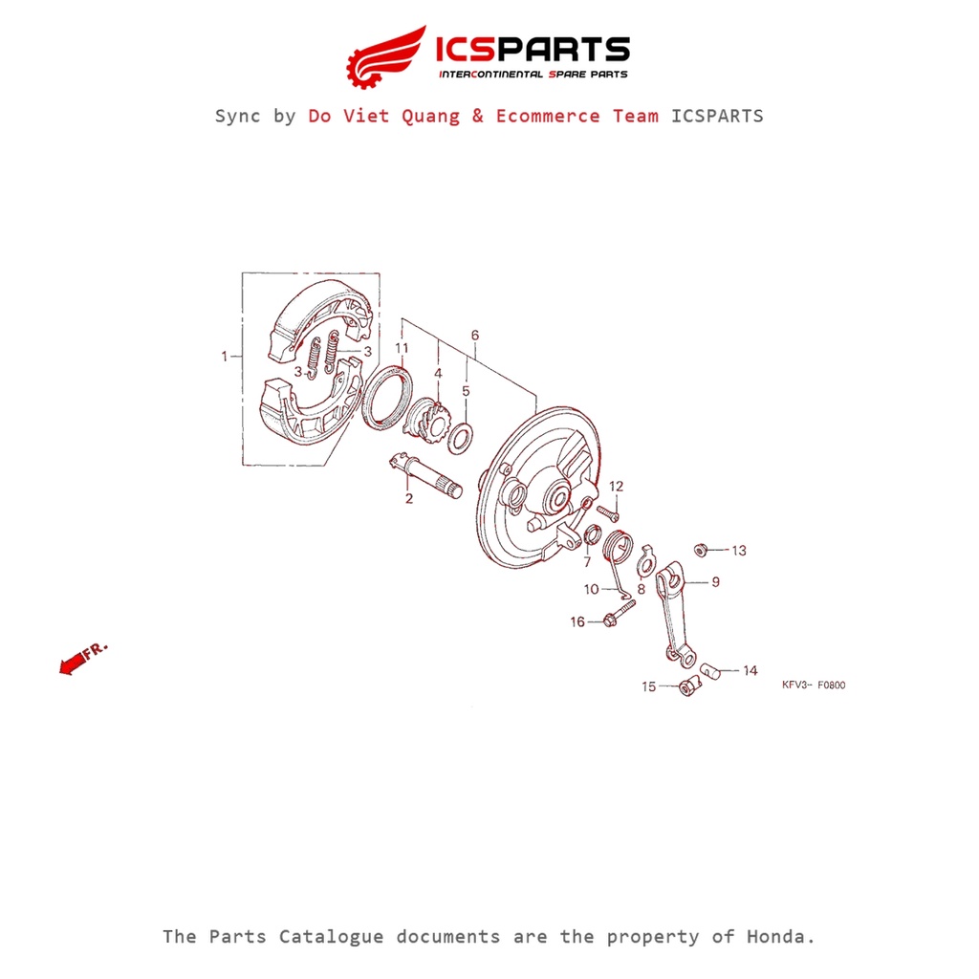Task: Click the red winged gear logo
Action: tap(384, 57)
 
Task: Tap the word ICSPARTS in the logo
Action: tap(533, 50)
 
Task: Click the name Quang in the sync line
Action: tap(430, 116)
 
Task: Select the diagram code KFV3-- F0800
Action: tap(814, 685)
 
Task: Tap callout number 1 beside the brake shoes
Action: tap(224, 357)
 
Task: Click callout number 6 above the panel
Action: tap(475, 336)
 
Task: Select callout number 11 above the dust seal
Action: tap(402, 348)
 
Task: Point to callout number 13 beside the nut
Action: tap(739, 551)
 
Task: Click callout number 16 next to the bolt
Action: tap(577, 621)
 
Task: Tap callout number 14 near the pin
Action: tap(750, 670)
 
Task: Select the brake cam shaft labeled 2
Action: tap(425, 476)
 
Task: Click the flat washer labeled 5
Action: tap(461, 438)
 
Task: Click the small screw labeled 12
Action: tap(607, 513)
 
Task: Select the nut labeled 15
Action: tap(689, 685)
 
